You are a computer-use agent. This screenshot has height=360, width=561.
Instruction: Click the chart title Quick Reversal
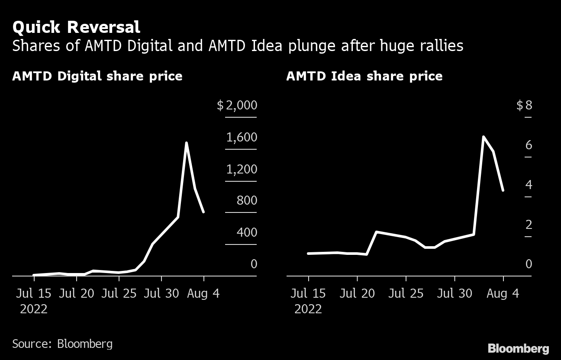coord(76,27)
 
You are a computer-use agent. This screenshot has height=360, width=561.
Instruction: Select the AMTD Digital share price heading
coord(97,77)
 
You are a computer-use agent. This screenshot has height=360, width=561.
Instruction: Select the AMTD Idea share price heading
coord(364,77)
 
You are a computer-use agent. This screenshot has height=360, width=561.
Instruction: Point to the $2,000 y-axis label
coord(237,106)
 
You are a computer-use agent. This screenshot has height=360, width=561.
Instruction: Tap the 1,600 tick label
coord(242,138)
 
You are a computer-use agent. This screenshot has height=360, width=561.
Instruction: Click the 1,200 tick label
coord(242,169)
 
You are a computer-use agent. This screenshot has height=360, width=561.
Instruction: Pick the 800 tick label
coord(247,201)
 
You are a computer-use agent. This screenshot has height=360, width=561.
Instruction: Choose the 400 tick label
coord(247,233)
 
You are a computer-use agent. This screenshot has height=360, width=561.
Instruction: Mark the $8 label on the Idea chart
coord(524,106)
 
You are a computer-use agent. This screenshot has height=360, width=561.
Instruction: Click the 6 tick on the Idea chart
coord(529,145)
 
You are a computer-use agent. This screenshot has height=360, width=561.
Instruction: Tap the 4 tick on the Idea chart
coord(529,185)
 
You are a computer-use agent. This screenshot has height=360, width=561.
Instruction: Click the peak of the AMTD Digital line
coord(186,143)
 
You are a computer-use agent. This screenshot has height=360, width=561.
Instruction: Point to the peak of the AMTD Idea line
coord(484,137)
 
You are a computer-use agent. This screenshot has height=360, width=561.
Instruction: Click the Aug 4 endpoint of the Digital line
coord(203,212)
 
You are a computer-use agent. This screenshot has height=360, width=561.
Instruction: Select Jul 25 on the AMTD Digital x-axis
coord(119,293)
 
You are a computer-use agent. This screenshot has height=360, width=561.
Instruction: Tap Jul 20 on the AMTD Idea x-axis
coord(357,293)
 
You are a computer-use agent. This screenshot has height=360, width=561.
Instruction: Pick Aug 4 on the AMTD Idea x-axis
coord(503,293)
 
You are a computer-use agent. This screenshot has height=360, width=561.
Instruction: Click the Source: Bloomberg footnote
coord(62,344)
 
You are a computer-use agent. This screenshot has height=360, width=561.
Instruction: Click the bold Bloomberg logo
coord(518,348)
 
